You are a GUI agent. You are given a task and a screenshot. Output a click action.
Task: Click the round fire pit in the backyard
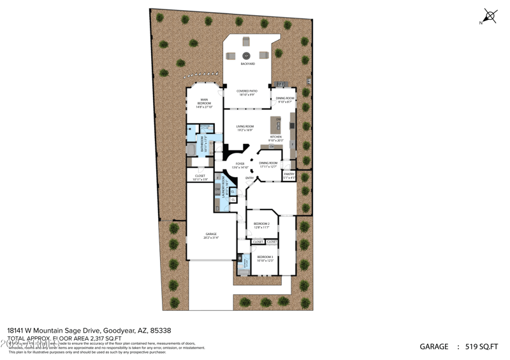tap(246, 55)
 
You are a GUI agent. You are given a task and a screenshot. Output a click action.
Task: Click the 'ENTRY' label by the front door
tap(249, 178)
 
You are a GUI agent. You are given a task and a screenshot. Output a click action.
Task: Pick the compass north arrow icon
tap(490, 16)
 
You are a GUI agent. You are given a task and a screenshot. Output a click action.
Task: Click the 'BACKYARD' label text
tap(248, 64)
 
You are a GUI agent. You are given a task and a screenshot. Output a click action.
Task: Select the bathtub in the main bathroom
tap(191, 150)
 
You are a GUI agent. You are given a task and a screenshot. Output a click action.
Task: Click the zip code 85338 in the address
tap(160, 330)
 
